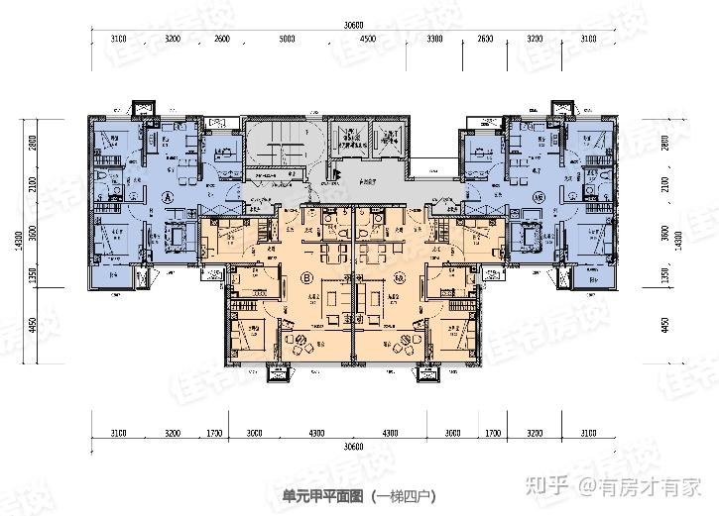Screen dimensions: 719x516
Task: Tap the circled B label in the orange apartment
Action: pyautogui.click(x=306, y=277)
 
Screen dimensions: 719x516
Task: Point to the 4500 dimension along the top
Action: pyautogui.click(x=368, y=40)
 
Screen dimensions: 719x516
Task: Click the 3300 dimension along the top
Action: pyautogui.click(x=434, y=40)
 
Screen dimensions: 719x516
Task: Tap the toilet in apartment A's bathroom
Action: pyautogui.click(x=105, y=178)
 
